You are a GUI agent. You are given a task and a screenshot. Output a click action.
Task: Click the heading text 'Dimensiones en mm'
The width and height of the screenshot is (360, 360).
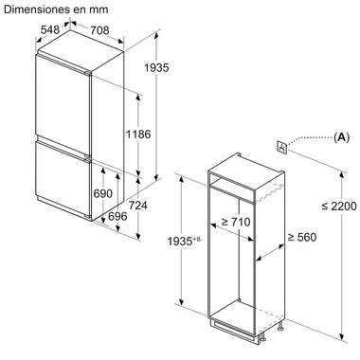(x=54, y=9)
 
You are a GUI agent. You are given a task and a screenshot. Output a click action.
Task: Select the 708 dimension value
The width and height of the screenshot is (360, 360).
(x=99, y=30)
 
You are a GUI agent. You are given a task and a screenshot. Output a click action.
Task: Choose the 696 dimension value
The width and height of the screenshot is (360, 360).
(x=117, y=216)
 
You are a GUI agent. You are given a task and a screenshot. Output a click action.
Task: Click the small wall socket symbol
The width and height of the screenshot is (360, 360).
(x=281, y=147)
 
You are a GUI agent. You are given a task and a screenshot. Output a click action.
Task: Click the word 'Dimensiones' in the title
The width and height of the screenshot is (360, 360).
(x=36, y=9)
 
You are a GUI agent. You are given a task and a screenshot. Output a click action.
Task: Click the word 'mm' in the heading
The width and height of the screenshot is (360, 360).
(x=99, y=9)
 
